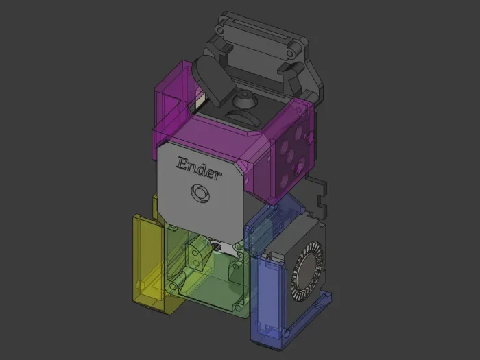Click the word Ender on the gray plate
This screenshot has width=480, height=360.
tap(199, 168)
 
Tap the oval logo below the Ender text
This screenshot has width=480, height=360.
tap(200, 193)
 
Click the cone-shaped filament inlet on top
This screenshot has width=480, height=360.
tap(245, 98)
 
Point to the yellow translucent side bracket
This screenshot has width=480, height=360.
tap(147, 263)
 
